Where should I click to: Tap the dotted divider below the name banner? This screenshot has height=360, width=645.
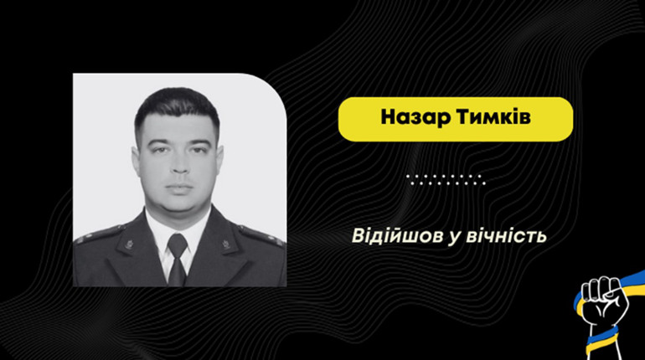point(445,177)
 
